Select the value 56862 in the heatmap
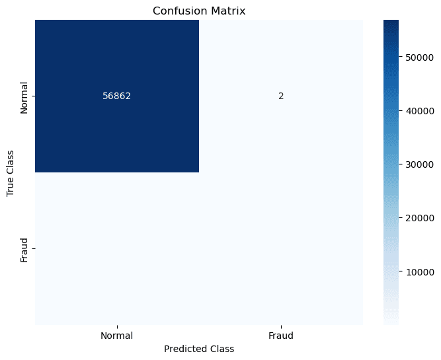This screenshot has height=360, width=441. tap(116, 96)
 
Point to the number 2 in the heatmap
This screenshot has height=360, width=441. tap(280, 96)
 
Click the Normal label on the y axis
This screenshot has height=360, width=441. tap(24, 97)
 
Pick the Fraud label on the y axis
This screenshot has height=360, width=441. tap(24, 248)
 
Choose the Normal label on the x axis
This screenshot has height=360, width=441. tap(116, 336)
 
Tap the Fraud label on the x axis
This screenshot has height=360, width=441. tap(280, 336)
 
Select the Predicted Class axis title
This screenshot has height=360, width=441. tap(198, 348)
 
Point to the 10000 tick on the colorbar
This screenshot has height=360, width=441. tap(420, 271)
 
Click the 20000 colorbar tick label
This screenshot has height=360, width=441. tap(420, 217)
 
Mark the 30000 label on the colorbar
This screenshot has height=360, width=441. tap(420, 164)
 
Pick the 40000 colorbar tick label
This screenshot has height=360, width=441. tap(420, 110)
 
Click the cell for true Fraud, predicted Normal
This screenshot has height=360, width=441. tap(116, 248)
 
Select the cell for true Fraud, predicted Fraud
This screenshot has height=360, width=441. tap(280, 248)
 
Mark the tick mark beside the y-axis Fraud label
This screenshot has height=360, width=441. tap(32, 248)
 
